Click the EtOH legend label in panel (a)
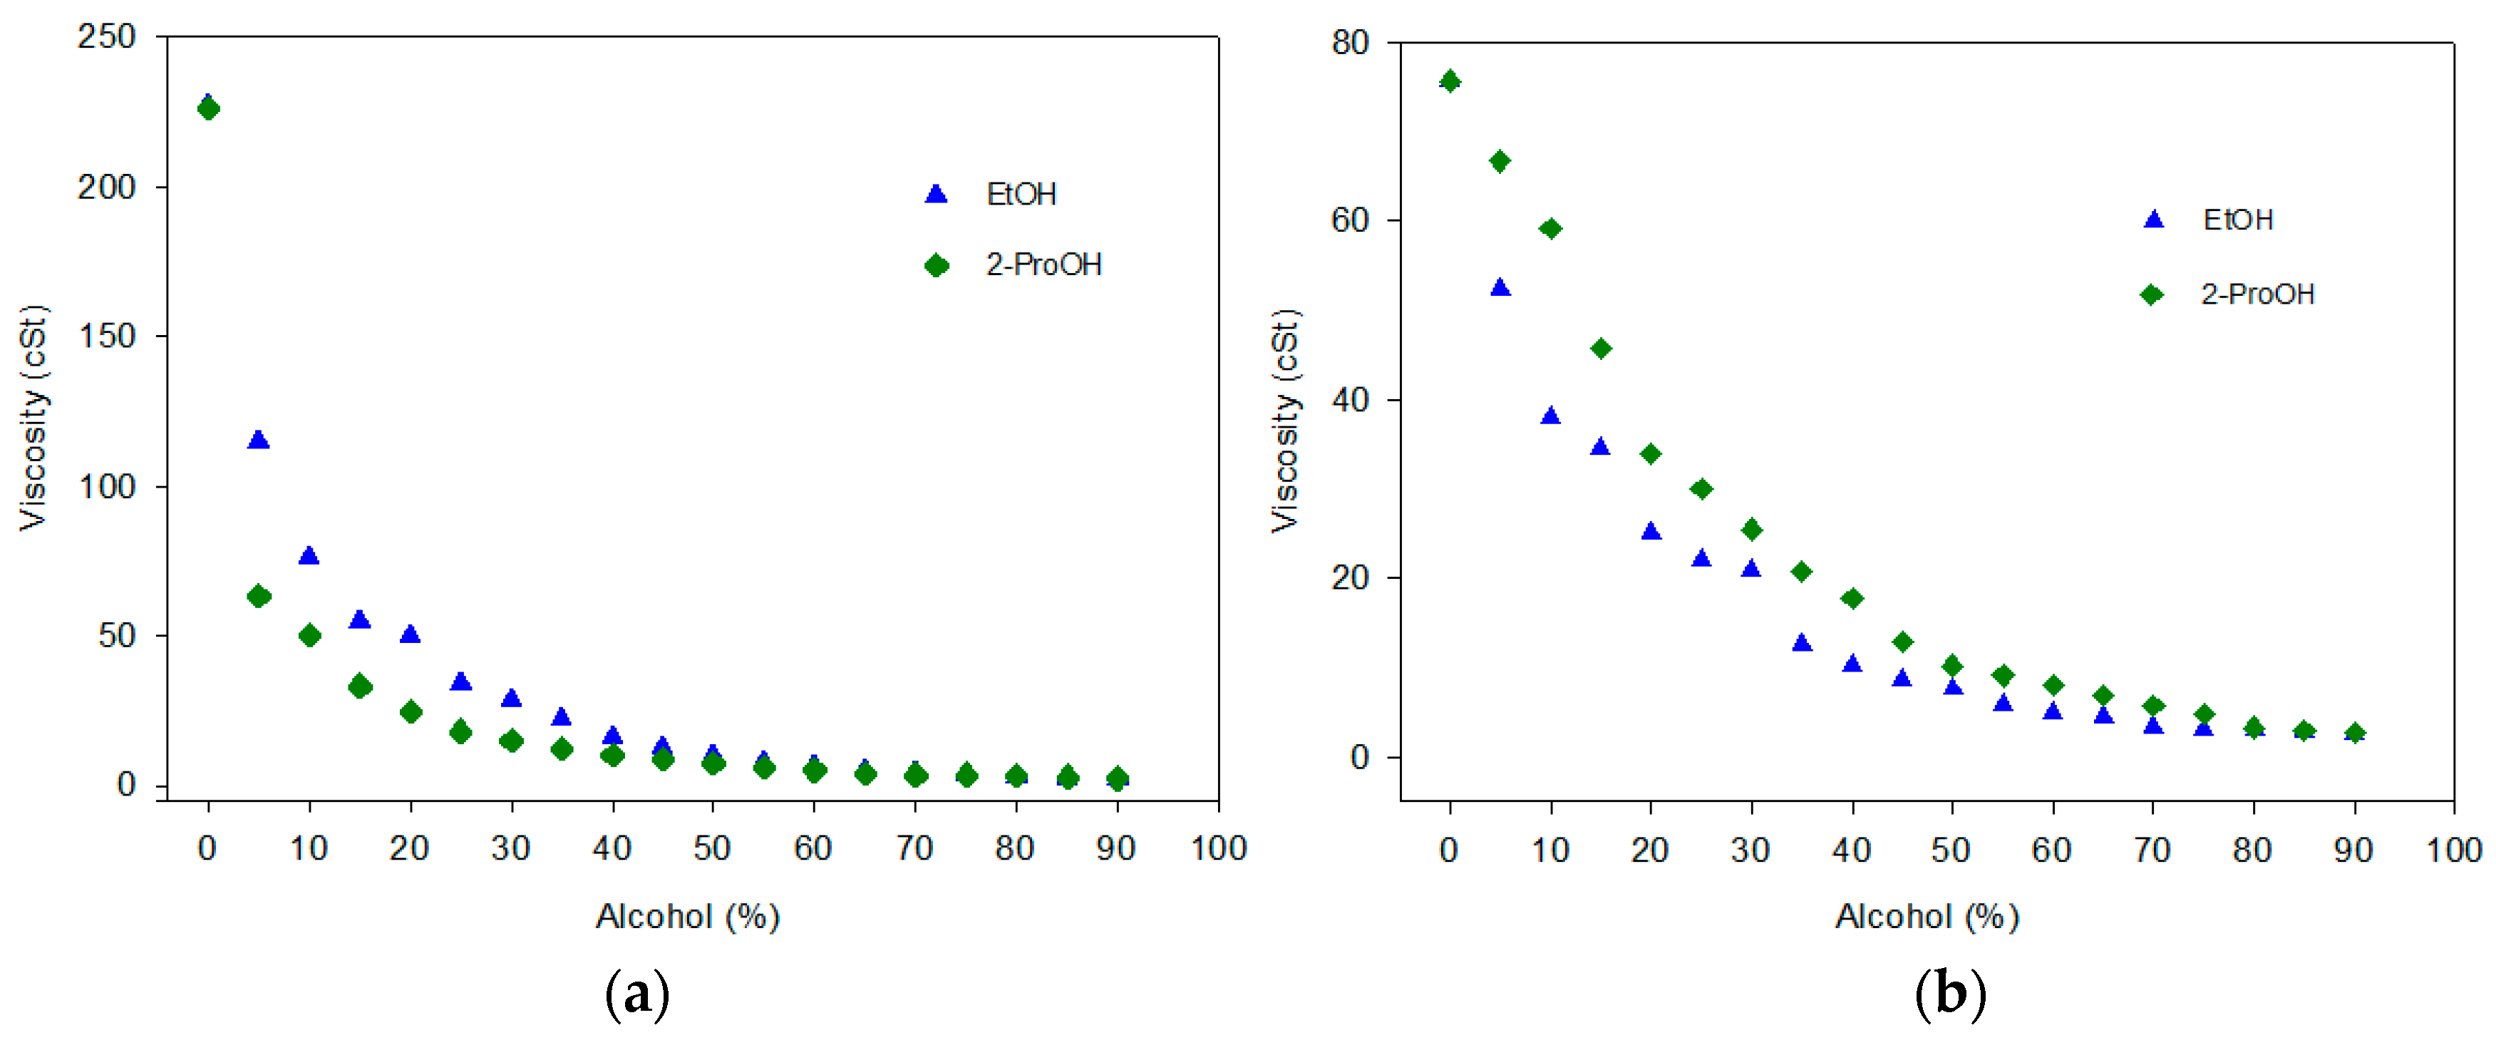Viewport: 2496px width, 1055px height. [x=1021, y=194]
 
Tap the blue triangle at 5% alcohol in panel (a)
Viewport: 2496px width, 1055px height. [x=258, y=440]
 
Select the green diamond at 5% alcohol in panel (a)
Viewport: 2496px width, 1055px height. [x=258, y=596]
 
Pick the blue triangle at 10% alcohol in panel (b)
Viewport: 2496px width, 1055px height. [x=1550, y=416]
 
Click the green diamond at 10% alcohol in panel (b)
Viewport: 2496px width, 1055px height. [x=1550, y=229]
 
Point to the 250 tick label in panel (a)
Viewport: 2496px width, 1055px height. [x=107, y=37]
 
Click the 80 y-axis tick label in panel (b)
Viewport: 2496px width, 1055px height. [x=1350, y=43]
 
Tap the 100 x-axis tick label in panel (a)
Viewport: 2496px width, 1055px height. [x=1218, y=849]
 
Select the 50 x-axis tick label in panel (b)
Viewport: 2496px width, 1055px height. [x=1951, y=850]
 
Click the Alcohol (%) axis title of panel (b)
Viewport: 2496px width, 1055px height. [x=1927, y=917]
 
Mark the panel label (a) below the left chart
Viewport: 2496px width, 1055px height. [x=636, y=994]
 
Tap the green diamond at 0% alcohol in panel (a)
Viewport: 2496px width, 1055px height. [x=208, y=108]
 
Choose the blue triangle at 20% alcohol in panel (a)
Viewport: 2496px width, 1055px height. [x=410, y=634]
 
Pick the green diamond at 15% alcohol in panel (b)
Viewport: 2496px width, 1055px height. [x=1601, y=348]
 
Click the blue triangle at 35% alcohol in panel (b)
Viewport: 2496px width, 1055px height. [x=1801, y=642]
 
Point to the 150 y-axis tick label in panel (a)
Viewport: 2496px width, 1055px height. [x=107, y=336]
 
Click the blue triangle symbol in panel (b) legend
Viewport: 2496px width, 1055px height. [x=2153, y=220]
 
